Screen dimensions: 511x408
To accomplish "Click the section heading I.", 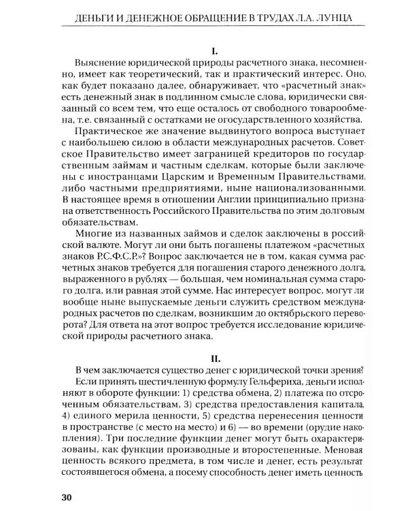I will tap(214, 50).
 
